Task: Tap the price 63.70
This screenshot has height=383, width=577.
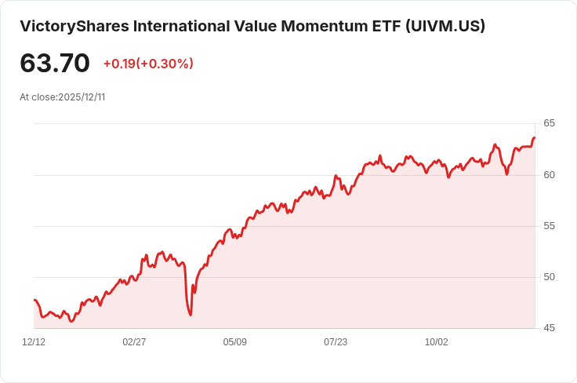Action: pos(55,64)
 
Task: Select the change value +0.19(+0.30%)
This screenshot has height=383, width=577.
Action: pos(148,64)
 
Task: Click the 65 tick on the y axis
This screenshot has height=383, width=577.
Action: pos(549,123)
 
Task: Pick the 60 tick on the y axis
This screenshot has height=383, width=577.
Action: pos(549,174)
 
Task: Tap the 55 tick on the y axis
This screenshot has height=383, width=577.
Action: pos(549,226)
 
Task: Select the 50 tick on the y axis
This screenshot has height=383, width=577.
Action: pos(549,277)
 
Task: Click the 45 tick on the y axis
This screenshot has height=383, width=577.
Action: pos(549,328)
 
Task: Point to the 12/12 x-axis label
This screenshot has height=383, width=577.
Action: pos(34,342)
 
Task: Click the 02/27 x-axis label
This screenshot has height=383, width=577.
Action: pos(134,342)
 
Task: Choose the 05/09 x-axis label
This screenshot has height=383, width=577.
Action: pos(235,342)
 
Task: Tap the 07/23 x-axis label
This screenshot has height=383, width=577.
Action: pos(336,342)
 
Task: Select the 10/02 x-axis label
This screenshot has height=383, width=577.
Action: pos(437,342)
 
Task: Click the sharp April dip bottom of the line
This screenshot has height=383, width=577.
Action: pos(191,315)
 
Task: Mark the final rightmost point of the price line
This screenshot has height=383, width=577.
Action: pos(535,138)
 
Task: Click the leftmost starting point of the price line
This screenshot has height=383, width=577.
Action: pos(34,300)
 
